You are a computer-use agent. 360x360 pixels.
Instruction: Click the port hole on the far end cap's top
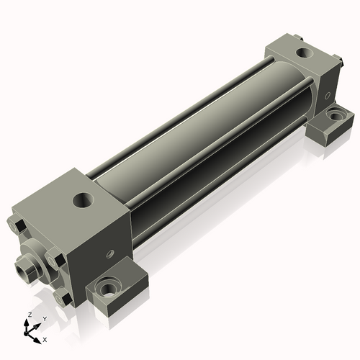pos(305,53)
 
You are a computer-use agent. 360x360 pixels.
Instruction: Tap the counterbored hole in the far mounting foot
pos(336,115)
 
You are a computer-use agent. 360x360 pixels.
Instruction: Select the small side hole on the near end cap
pos(111,253)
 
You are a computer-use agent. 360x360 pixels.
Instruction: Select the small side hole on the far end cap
pos(328,96)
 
